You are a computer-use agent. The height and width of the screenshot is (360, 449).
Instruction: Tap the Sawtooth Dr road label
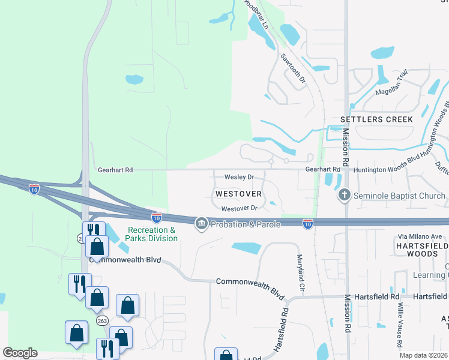(294, 68)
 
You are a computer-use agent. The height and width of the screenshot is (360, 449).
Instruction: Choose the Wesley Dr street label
(240, 178)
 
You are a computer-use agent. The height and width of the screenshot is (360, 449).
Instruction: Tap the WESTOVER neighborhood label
(238, 194)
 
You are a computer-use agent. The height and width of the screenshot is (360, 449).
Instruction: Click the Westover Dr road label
(239, 208)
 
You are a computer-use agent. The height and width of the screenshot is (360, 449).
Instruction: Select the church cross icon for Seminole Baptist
(345, 194)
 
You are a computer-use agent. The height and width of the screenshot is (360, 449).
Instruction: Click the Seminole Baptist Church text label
(399, 196)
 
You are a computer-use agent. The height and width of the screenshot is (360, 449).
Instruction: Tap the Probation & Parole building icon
(200, 224)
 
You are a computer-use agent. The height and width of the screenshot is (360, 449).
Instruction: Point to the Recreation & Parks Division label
(152, 234)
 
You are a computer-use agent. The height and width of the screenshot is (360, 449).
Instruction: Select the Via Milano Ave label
(418, 236)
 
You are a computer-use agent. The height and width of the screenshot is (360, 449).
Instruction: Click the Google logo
(20, 352)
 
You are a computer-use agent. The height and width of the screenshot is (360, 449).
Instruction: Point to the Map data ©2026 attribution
(423, 355)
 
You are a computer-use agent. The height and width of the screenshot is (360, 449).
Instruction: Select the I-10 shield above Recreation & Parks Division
(156, 217)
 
